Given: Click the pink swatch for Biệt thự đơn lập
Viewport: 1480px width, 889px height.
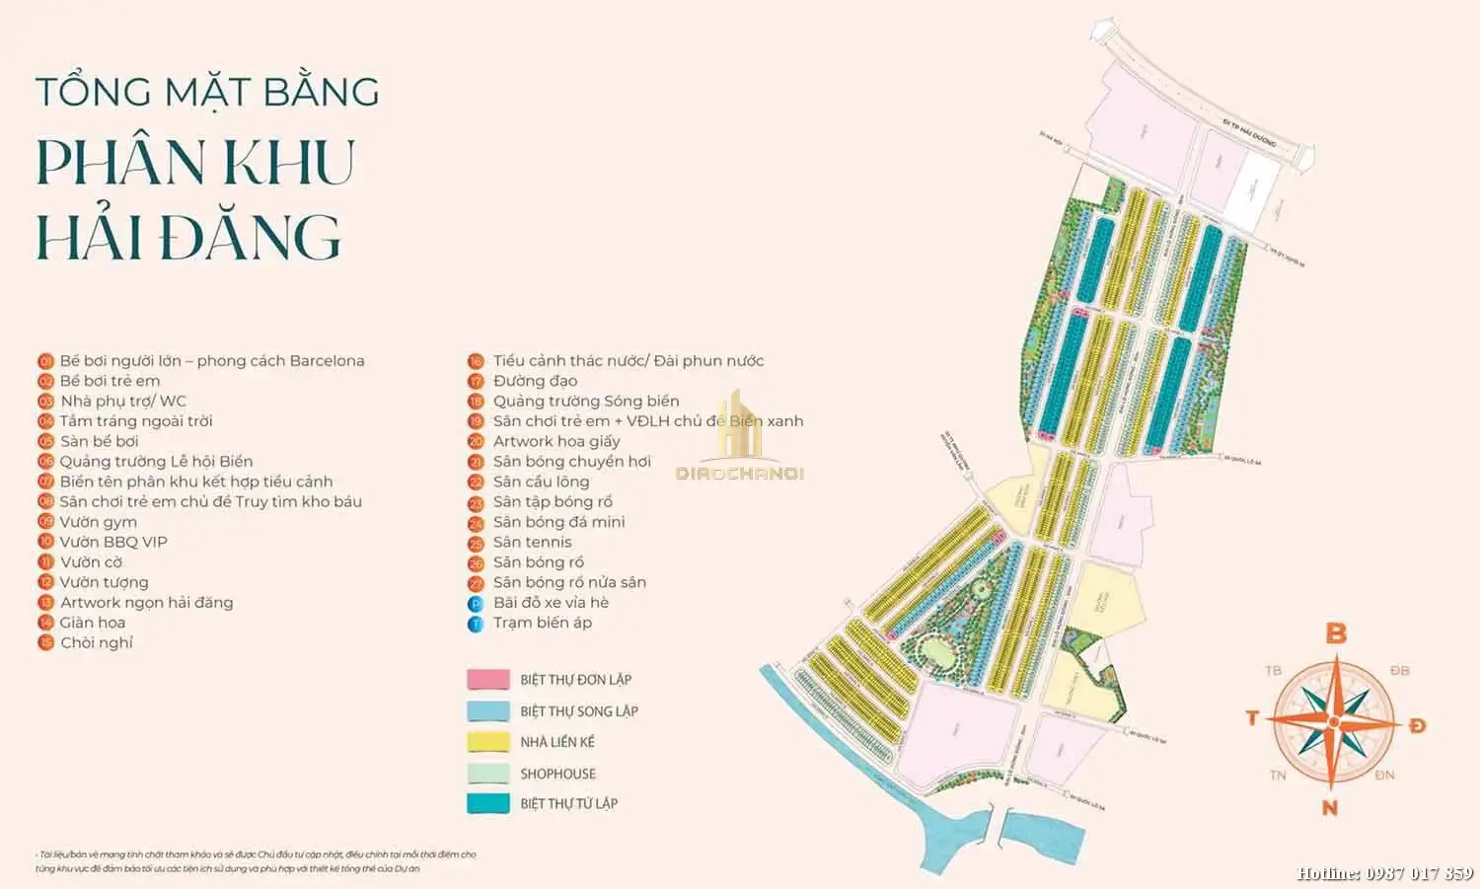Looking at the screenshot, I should tap(487, 680).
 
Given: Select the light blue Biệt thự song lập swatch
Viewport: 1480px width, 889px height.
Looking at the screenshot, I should tap(487, 711).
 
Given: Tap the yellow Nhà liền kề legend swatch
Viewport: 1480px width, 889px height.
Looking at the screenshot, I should tap(487, 742).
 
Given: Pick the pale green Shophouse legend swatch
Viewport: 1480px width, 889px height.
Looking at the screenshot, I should tap(487, 774).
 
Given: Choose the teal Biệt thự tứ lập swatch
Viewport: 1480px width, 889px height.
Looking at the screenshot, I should tap(487, 804).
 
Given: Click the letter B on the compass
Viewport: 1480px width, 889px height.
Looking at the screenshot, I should tap(1336, 632).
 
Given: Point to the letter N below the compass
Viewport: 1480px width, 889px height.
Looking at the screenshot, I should tap(1330, 808).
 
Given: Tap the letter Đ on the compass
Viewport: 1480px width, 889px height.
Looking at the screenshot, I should tap(1417, 725).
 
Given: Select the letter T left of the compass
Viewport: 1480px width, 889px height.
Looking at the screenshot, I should tap(1252, 717).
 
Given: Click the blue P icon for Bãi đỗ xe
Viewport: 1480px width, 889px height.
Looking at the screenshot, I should tap(476, 604).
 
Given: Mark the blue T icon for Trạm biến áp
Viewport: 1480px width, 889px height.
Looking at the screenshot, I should tap(476, 624).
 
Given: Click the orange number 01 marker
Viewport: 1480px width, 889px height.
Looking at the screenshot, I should tap(45, 361).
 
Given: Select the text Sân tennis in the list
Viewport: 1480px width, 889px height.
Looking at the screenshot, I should tap(532, 542).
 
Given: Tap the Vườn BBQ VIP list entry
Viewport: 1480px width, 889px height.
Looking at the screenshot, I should tap(112, 542).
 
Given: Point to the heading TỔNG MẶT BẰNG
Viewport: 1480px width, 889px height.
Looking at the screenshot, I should tap(207, 92).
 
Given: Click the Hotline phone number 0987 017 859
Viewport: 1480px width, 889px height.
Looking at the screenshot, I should tap(1420, 873).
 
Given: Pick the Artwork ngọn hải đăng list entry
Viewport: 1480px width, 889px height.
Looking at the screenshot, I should tap(146, 602).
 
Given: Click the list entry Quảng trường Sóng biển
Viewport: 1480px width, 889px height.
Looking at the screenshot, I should tap(586, 401).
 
